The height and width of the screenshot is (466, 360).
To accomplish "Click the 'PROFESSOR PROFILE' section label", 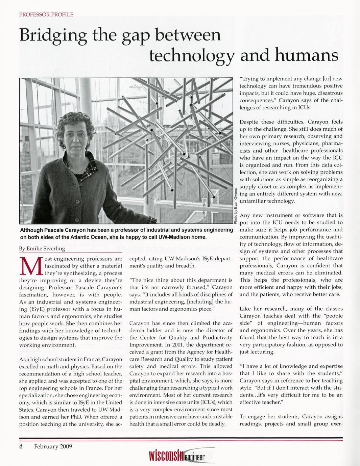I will point(46,15).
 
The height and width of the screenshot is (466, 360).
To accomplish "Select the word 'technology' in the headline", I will point(192,56).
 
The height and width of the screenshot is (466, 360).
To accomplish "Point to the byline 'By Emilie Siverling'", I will point(42,249).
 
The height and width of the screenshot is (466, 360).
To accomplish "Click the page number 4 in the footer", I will point(21,446).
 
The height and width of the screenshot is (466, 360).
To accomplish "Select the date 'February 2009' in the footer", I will point(53,446).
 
